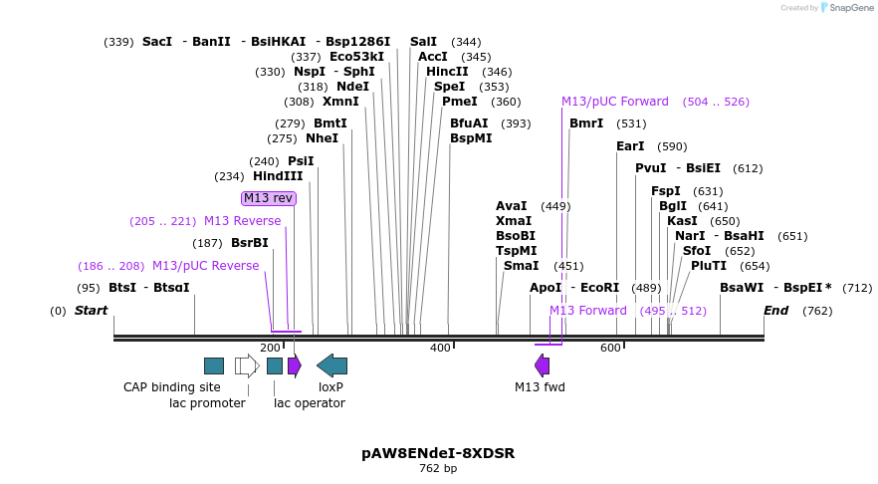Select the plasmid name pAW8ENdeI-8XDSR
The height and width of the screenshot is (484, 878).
point(438,453)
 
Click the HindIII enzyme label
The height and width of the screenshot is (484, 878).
point(278,176)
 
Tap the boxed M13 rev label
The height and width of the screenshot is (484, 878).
point(269,198)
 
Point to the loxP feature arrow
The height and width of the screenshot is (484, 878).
point(331,365)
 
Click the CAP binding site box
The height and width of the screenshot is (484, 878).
point(214,365)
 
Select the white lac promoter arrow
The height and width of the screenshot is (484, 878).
point(247,365)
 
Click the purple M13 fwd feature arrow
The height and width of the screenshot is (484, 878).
point(542,365)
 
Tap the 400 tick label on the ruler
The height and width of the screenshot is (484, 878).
point(440,348)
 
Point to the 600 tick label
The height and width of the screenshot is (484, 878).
point(610,348)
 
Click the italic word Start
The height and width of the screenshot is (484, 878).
point(91,311)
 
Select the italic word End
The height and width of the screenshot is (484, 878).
point(776,311)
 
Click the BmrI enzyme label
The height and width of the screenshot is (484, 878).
point(586,123)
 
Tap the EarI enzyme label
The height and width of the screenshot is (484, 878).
point(630,146)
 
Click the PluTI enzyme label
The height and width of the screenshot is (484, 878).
point(709,266)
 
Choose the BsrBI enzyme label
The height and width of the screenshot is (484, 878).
point(250,243)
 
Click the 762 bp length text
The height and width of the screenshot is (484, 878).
point(438,468)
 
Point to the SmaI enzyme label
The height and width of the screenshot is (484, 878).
point(521,266)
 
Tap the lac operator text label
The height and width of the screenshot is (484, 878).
point(310,403)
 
